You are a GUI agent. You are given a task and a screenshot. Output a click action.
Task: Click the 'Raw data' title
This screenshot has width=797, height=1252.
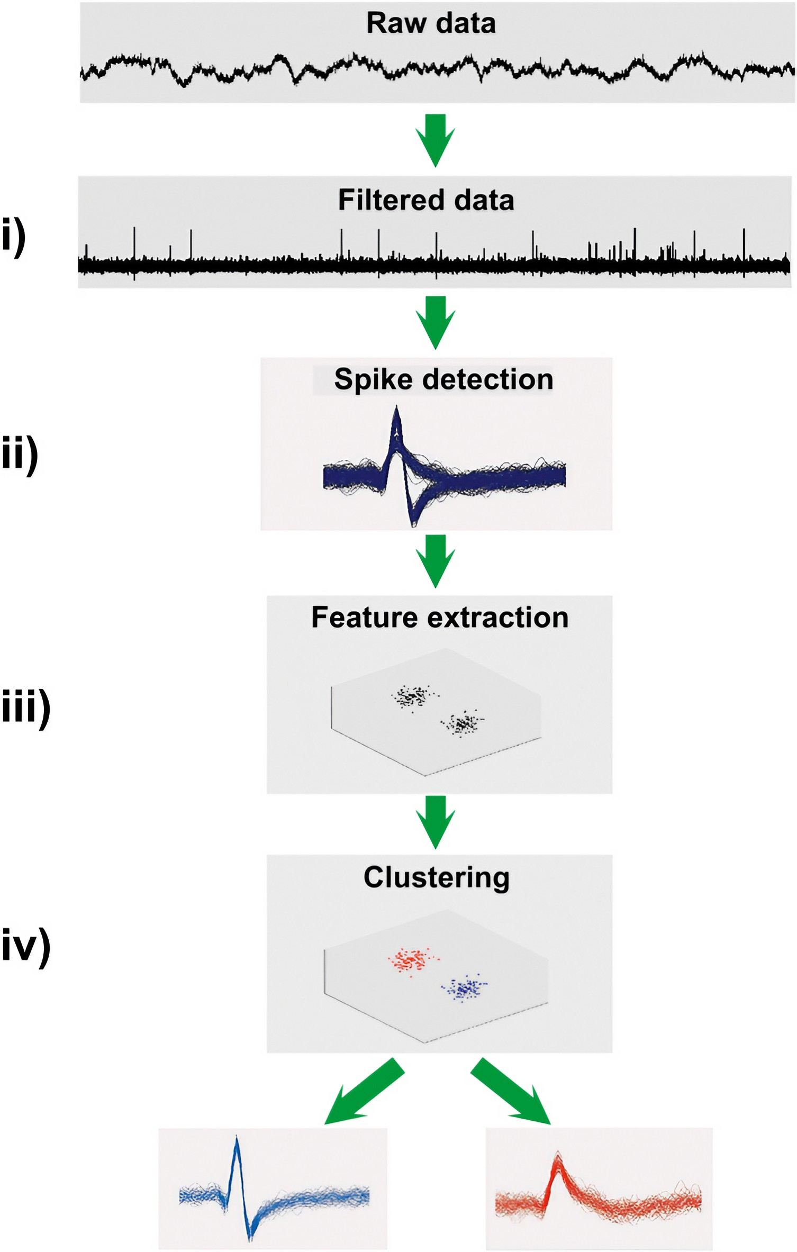pyautogui.click(x=431, y=24)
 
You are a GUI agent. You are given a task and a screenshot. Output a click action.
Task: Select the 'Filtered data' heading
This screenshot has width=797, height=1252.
pyautogui.click(x=426, y=201)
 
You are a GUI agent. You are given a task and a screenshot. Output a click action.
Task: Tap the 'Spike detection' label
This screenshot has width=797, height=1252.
pyautogui.click(x=443, y=379)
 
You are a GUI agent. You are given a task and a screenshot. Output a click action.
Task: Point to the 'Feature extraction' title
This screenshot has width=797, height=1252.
pyautogui.click(x=440, y=618)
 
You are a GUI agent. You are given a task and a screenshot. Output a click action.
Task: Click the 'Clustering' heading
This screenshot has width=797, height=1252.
pyautogui.click(x=437, y=877)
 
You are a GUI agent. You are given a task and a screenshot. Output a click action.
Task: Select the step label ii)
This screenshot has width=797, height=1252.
pyautogui.click(x=20, y=454)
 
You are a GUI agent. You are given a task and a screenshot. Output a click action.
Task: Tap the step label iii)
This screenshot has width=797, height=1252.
pyautogui.click(x=26, y=707)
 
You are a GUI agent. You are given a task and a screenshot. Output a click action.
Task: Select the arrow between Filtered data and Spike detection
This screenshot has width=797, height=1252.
pyautogui.click(x=435, y=322)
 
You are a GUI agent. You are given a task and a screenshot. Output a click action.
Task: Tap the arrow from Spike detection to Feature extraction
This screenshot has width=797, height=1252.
pyautogui.click(x=435, y=560)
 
